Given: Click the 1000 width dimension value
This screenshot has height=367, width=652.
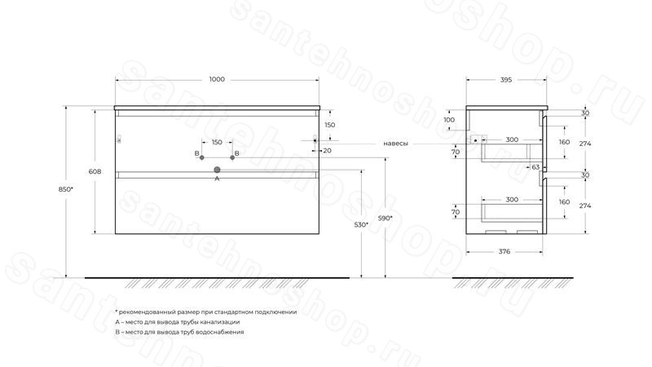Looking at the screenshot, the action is (x=217, y=79).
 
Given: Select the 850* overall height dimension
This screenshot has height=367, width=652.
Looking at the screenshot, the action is (x=66, y=189).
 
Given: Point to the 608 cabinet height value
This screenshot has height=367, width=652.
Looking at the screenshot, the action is (x=95, y=171).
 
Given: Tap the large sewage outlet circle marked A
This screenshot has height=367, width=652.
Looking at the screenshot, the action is (x=217, y=170).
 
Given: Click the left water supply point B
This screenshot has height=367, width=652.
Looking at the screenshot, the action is (x=202, y=157).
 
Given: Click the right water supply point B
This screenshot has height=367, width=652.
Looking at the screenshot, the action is (x=232, y=157).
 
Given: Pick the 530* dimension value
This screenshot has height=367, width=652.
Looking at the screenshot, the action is (x=361, y=225).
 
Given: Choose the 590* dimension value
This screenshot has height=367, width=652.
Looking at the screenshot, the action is (x=385, y=218).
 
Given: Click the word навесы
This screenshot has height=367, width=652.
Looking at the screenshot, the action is (x=395, y=144).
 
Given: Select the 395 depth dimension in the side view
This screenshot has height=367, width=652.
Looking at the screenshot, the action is (x=506, y=80).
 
